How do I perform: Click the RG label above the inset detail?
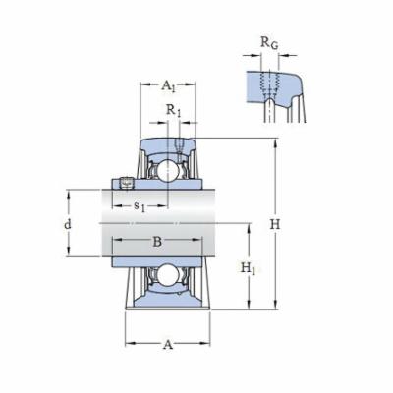(x=267, y=42)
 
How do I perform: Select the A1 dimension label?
(x=168, y=85)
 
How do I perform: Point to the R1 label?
(x=174, y=110)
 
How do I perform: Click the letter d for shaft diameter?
(x=67, y=225)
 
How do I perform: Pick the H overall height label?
(x=276, y=224)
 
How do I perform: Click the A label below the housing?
(x=167, y=344)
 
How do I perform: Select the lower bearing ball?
(x=168, y=279)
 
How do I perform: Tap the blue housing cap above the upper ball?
(x=168, y=146)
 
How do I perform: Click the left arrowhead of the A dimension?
(x=129, y=344)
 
